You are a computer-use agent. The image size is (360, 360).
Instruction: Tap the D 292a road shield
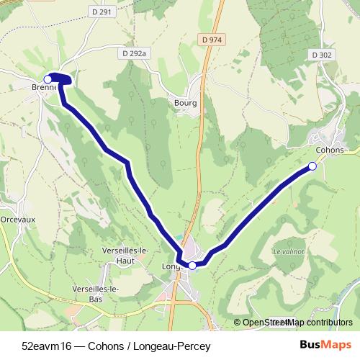click(134, 53)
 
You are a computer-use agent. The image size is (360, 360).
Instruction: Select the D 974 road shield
click(211, 40)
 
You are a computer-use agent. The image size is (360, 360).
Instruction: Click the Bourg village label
click(185, 103)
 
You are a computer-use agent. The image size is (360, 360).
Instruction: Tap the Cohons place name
click(329, 150)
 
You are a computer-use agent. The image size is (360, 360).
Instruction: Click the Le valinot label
click(288, 251)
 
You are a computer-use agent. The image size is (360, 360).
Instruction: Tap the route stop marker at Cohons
click(312, 166)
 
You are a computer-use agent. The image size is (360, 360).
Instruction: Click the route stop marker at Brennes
click(48, 78)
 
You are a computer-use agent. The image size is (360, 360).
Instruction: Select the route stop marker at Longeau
click(192, 265)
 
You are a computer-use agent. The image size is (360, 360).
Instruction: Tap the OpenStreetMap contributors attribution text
click(297, 323)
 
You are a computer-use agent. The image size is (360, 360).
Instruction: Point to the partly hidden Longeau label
click(171, 266)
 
